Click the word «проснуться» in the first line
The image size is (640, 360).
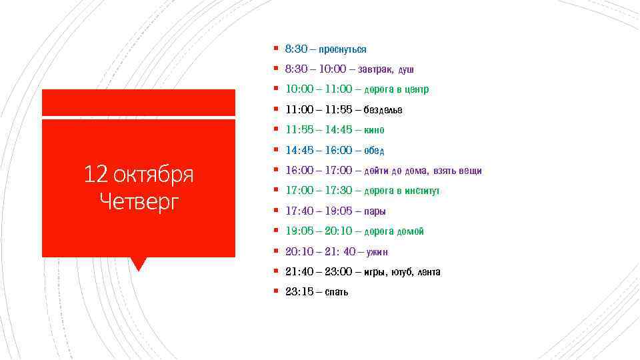(x=343, y=49)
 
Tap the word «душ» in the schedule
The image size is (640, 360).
(x=407, y=69)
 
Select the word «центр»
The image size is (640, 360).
(x=416, y=89)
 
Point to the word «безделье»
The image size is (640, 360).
(x=383, y=110)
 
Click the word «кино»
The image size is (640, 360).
(x=375, y=130)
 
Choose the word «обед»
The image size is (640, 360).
(x=375, y=151)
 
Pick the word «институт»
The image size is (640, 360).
(x=421, y=191)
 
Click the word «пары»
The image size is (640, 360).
(x=375, y=211)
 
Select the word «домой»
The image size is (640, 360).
(x=411, y=231)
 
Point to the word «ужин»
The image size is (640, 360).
(x=377, y=252)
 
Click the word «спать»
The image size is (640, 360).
(x=337, y=292)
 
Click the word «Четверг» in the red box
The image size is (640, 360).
(x=139, y=201)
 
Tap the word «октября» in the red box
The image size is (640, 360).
(x=153, y=175)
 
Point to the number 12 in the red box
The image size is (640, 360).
(x=96, y=175)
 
